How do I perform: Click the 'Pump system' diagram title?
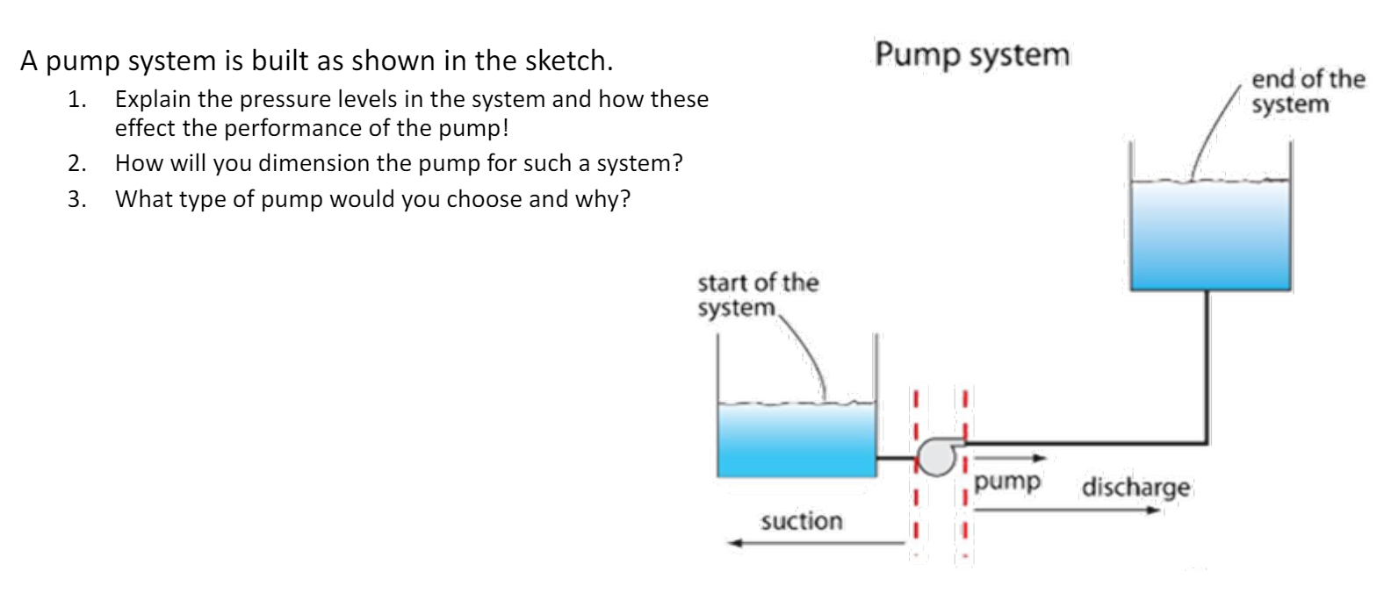(x=972, y=54)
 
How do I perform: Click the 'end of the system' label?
(x=1308, y=91)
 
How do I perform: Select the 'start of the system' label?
(x=757, y=295)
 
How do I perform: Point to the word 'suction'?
(x=801, y=521)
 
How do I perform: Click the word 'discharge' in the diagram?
(x=1135, y=487)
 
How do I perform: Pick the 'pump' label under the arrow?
(x=1007, y=482)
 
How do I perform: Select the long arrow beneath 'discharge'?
(x=1067, y=510)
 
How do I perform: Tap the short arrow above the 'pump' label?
(x=1010, y=457)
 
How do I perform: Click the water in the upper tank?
(x=1210, y=235)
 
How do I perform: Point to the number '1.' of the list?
(x=77, y=99)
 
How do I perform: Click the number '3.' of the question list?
(x=77, y=199)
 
